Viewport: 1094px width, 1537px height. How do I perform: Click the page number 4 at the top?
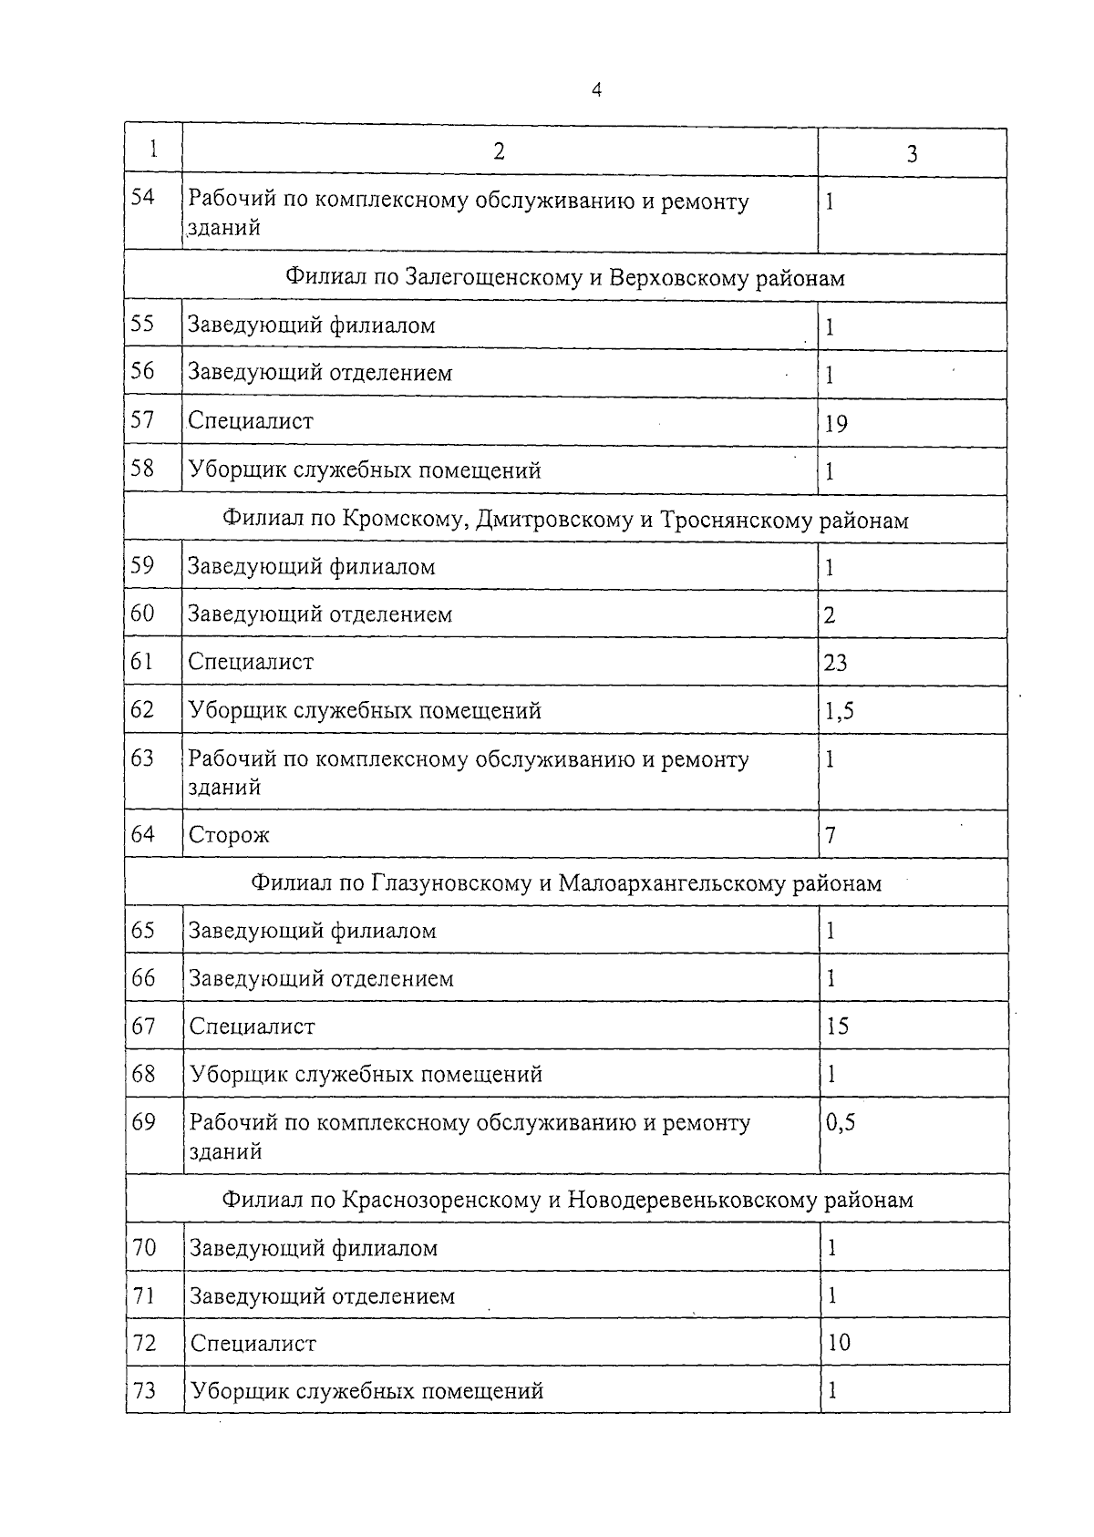click(596, 89)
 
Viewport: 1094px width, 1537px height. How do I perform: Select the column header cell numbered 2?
click(499, 151)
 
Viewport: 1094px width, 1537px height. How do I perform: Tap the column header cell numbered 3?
click(912, 154)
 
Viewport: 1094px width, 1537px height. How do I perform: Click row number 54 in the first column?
click(143, 197)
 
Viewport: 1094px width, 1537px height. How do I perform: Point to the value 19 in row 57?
click(835, 423)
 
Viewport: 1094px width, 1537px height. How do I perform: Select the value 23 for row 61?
click(835, 663)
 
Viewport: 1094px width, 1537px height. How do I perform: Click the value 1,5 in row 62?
click(839, 711)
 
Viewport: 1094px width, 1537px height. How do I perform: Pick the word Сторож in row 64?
click(229, 835)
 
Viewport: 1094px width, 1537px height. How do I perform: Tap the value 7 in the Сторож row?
click(830, 835)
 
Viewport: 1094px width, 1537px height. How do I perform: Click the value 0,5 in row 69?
click(841, 1123)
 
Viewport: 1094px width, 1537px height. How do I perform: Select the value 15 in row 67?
click(837, 1026)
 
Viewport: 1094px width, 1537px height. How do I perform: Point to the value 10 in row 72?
click(838, 1343)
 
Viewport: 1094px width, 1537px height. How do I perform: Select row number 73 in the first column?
click(144, 1390)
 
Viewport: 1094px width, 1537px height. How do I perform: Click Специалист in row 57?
click(251, 421)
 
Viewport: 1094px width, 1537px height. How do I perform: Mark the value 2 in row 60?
click(829, 615)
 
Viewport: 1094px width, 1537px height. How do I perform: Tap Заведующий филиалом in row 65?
click(312, 931)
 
